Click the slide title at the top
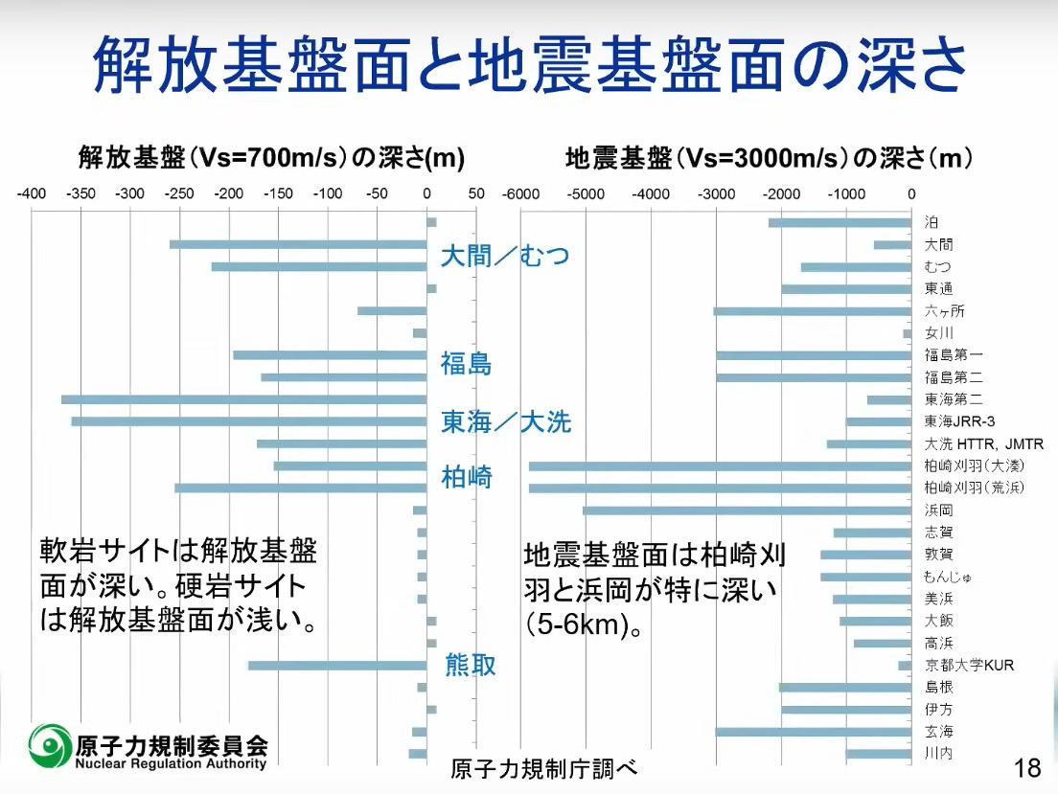[529, 63]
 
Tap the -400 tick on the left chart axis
[32, 193]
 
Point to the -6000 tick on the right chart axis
[520, 193]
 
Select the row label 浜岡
[938, 510]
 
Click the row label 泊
[931, 222]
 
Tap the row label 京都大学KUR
[969, 666]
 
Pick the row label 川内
[938, 754]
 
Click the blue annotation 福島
[466, 364]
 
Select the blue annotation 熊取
[471, 664]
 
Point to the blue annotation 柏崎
[467, 476]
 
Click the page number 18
[1026, 767]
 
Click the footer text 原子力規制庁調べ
[542, 769]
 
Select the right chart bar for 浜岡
[747, 510]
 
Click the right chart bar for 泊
[839, 223]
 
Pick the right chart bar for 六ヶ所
[813, 311]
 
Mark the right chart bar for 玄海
[813, 732]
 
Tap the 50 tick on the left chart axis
[476, 193]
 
